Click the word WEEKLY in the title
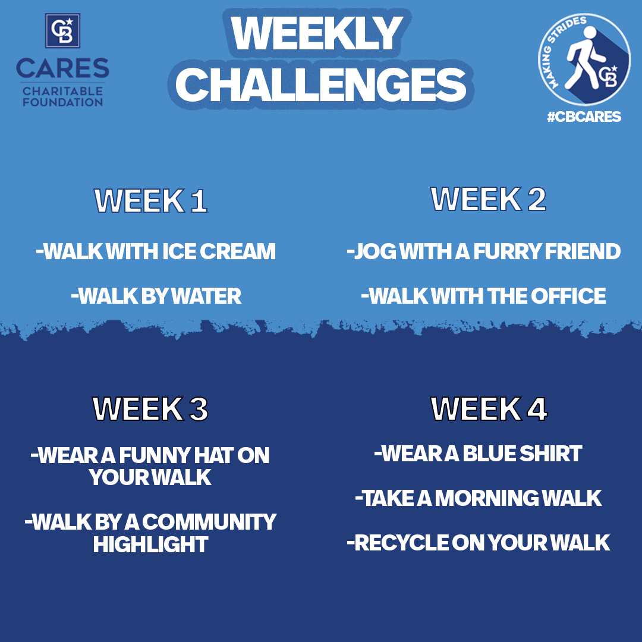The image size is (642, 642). point(317,33)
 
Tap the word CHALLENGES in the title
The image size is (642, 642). point(321,84)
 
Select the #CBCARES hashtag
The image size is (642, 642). point(584,117)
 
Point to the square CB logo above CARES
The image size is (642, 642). point(62,31)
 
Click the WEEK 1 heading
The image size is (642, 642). point(150,201)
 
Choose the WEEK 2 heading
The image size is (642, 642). point(488,199)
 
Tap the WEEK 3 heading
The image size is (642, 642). point(150,408)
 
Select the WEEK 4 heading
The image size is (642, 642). point(489,408)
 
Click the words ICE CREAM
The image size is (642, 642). point(219,251)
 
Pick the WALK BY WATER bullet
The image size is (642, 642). point(156,296)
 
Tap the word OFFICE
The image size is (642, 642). point(568,296)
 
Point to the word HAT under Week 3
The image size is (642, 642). point(213,455)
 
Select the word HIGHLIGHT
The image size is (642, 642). point(150,545)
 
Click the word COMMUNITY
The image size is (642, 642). point(209,522)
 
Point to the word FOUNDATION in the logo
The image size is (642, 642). point(62,102)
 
